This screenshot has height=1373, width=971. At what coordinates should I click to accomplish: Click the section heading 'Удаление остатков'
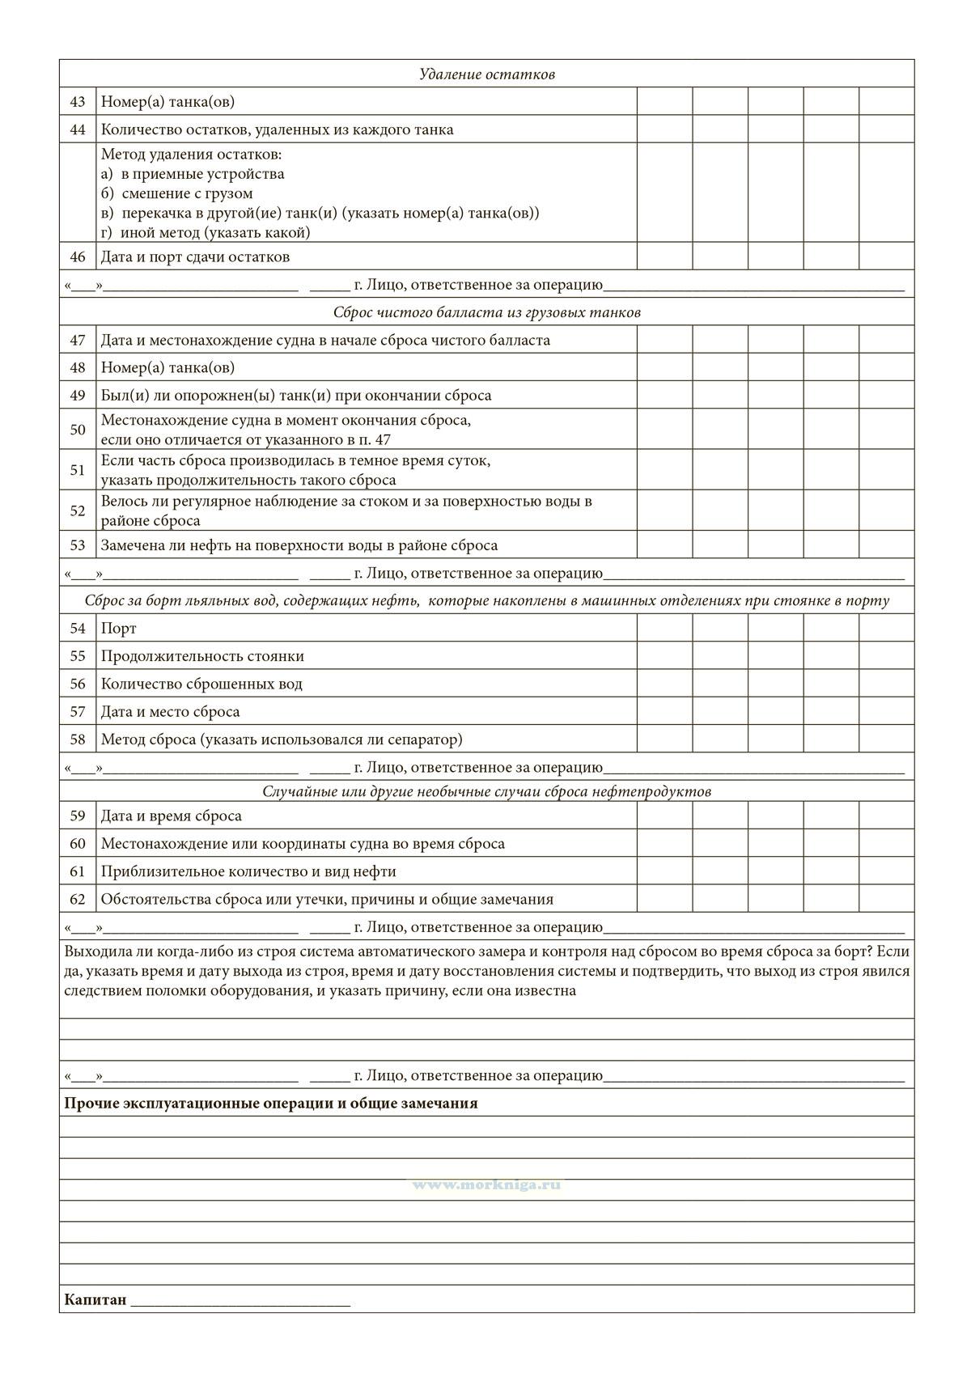point(486,74)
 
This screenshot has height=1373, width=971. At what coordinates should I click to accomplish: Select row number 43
point(78,102)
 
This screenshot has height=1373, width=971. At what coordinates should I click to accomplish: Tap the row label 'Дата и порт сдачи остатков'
point(195,257)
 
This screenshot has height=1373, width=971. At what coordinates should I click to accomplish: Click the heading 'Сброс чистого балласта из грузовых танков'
point(486,312)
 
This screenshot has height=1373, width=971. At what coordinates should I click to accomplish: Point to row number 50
point(78,430)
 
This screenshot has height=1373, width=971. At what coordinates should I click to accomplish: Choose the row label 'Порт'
point(119,629)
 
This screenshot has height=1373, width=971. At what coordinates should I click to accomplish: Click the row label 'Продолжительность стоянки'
point(202,656)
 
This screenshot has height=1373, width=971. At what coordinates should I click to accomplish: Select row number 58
point(78,739)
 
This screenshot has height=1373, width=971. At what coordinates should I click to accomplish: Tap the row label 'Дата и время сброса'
point(172,816)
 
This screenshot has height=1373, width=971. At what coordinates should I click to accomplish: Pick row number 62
point(78,899)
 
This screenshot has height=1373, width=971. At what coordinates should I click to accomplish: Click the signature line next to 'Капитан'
point(240,1303)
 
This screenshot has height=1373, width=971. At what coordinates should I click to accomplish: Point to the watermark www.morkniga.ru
point(486,1184)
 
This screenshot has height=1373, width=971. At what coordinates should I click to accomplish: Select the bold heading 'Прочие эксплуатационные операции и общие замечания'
point(270,1104)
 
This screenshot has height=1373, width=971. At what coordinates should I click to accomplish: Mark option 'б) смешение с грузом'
point(177,193)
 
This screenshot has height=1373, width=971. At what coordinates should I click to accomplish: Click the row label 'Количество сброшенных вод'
point(201,684)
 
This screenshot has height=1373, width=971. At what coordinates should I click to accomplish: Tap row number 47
point(78,341)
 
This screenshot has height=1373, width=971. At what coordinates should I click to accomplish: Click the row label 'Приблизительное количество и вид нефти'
point(248,871)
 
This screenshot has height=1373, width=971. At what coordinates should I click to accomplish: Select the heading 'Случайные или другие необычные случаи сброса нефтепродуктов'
point(486,791)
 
